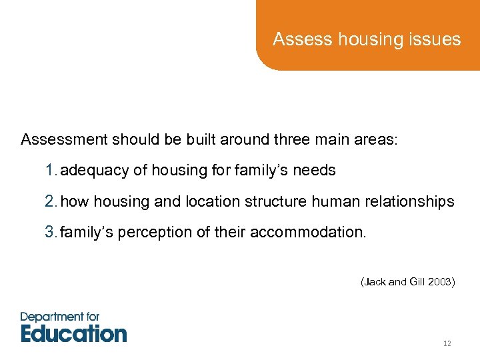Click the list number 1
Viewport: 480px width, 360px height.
50,171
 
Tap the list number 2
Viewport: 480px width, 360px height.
50,201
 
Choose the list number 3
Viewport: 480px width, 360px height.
50,233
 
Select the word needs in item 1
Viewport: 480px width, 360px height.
314,171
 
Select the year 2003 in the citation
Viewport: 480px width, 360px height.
441,282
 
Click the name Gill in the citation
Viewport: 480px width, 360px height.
417,282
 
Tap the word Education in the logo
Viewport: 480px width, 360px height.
73,333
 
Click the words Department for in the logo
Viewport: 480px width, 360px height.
60,316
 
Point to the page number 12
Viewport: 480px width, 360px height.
447,343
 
